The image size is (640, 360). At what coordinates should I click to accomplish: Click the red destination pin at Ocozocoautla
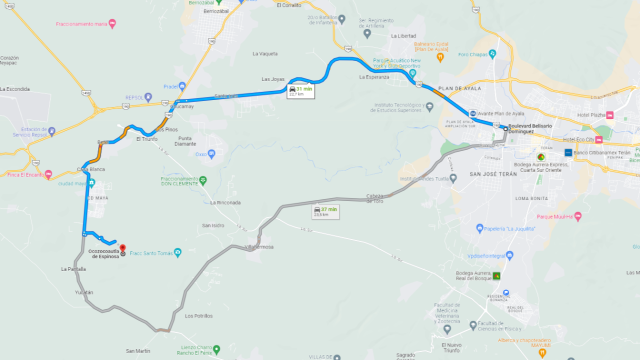coord(121,248)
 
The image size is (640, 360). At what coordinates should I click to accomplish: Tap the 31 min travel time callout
coord(300,91)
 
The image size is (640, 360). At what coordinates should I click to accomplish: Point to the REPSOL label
coord(134,97)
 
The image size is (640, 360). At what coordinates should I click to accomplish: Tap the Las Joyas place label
coord(273,79)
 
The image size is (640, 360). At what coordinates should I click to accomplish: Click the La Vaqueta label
coord(265,53)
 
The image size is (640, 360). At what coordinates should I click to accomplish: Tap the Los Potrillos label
coord(198,315)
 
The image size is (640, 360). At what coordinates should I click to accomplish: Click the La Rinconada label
coord(226,202)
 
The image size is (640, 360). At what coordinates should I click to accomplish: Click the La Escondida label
coord(16,88)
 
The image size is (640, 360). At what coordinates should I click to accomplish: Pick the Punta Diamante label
coord(187,141)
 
